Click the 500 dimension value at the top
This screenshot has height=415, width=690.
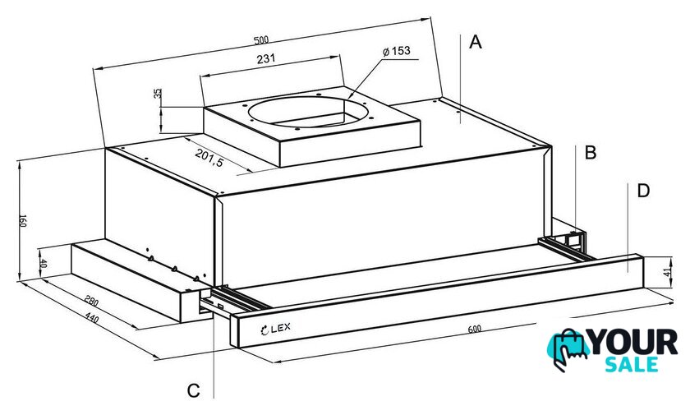(x=261, y=40)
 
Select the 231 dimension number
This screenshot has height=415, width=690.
(x=266, y=58)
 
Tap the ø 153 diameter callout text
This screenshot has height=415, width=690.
(x=397, y=51)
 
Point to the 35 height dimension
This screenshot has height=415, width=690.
(x=158, y=94)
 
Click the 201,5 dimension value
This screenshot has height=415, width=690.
(x=209, y=158)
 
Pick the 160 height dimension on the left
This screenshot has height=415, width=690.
(x=22, y=221)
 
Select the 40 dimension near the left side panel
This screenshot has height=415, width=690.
(x=43, y=264)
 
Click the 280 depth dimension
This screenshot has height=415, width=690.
(x=91, y=302)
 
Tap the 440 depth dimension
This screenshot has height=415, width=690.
(x=91, y=317)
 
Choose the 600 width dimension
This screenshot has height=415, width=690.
(x=475, y=329)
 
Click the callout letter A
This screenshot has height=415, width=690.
(x=476, y=42)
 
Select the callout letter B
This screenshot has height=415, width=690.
(x=590, y=152)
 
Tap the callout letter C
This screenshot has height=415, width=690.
(x=193, y=390)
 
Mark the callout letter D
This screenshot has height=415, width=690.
(x=643, y=191)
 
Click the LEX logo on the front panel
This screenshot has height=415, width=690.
(x=275, y=329)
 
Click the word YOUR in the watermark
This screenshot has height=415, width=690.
(x=633, y=342)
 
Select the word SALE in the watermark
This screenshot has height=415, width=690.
(x=632, y=364)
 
